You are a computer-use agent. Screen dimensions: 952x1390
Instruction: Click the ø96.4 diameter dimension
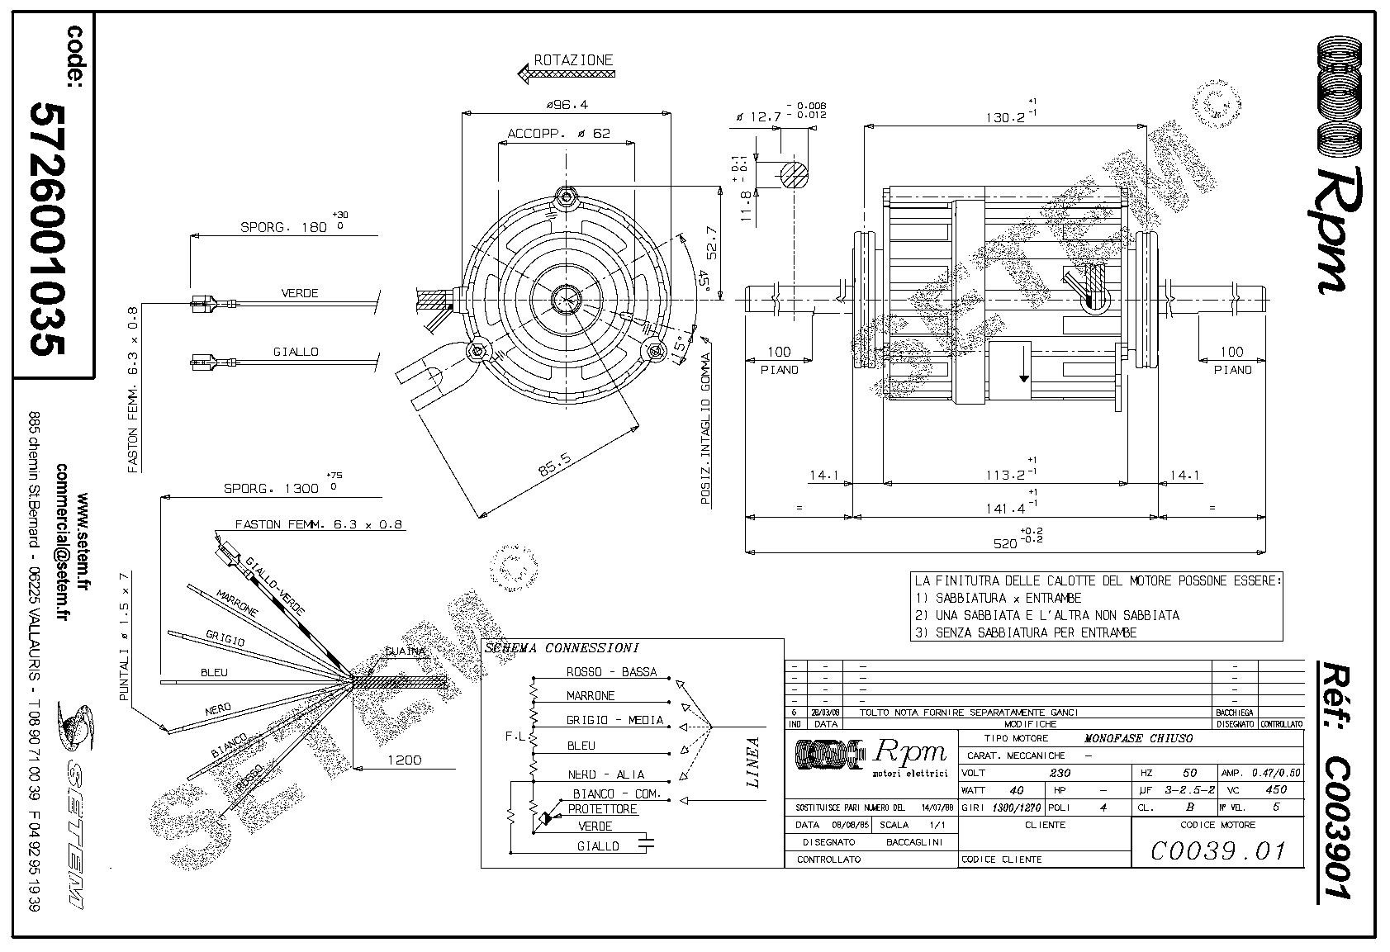click(x=566, y=105)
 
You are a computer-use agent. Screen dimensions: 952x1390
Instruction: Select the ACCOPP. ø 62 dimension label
click(x=558, y=133)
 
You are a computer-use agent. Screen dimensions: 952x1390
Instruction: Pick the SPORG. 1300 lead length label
click(x=271, y=488)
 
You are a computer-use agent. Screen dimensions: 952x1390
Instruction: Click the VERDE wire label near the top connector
click(x=299, y=293)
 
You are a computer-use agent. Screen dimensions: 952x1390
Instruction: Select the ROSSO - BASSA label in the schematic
click(x=611, y=672)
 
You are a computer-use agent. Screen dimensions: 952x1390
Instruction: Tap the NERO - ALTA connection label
click(x=605, y=774)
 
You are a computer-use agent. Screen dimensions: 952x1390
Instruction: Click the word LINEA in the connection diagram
click(x=752, y=762)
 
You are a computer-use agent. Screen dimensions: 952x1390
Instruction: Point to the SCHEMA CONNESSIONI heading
click(x=562, y=648)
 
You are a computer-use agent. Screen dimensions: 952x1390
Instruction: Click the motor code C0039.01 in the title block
click(x=1217, y=850)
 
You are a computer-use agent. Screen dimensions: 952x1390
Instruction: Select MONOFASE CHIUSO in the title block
click(x=1137, y=738)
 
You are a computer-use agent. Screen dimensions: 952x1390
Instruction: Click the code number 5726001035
click(x=46, y=229)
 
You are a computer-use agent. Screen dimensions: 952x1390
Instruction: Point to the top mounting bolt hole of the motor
click(x=566, y=197)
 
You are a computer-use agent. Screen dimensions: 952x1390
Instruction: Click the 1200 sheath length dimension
click(x=404, y=760)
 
